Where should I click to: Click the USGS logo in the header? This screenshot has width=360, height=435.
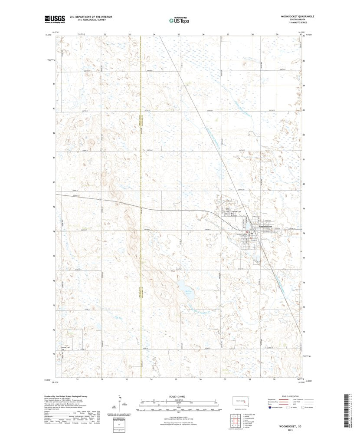click(54, 19)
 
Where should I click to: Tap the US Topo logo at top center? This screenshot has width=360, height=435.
click(179, 20)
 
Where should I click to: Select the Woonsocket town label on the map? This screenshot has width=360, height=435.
click(265, 227)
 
